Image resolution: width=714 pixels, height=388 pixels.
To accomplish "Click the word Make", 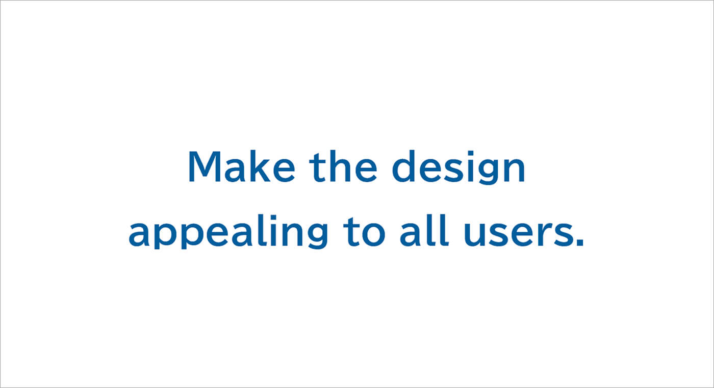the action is pos(242,166).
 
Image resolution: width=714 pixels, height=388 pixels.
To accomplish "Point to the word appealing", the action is pos(228,231).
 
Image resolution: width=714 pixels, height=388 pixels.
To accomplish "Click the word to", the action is pos(364,232).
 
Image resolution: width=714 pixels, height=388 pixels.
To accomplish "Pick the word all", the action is pos(424,230).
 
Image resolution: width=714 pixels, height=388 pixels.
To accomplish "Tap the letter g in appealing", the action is pos(317,235).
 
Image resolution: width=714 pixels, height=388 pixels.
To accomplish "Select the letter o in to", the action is pos(373,234).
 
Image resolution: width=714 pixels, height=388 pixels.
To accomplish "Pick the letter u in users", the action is pos(474,234).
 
